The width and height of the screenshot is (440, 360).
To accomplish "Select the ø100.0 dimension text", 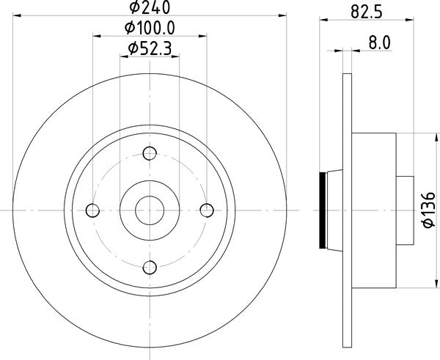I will [150, 29].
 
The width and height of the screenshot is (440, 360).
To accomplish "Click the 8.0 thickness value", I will [378, 43].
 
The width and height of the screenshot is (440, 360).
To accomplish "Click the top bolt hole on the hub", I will [150, 153].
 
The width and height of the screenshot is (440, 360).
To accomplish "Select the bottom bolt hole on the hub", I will [150, 268].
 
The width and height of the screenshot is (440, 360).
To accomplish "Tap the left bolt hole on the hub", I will [92, 210].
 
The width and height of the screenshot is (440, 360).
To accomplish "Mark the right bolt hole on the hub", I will [207, 210].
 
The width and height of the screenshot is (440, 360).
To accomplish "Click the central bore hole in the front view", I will [150, 210].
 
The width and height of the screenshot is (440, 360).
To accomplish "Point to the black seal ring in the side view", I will [323, 210].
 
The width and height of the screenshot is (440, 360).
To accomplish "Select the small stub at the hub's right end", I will [404, 210].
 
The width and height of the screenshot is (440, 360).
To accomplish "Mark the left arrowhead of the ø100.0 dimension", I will [95, 39].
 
